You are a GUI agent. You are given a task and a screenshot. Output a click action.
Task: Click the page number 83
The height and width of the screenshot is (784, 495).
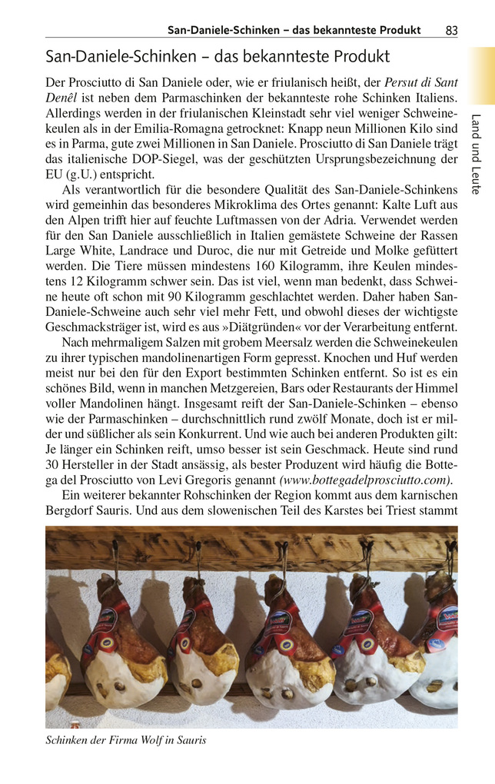click(451, 30)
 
